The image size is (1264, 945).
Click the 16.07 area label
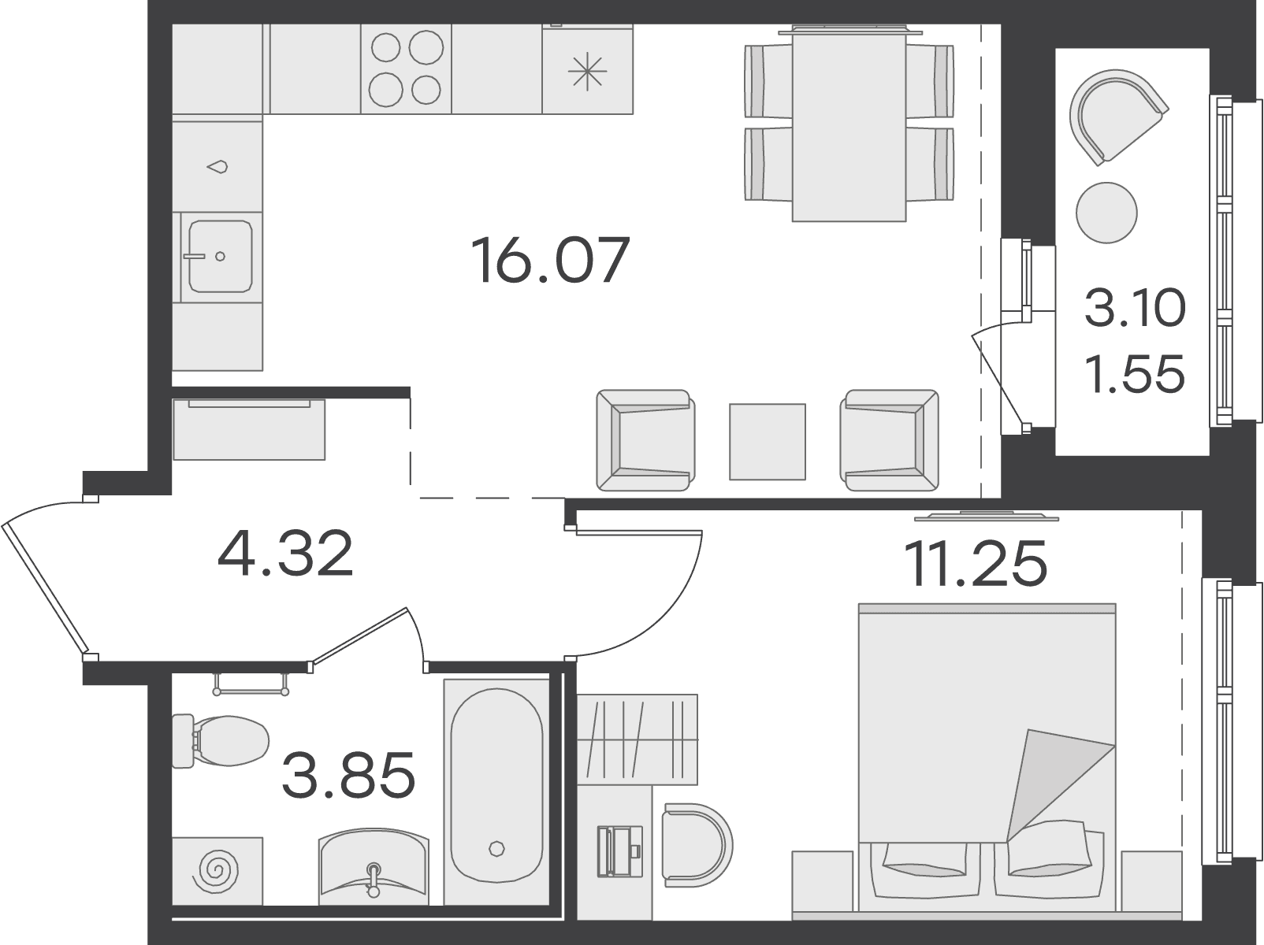(x=550, y=261)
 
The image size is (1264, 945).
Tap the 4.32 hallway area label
(x=285, y=554)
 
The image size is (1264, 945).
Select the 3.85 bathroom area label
(x=348, y=775)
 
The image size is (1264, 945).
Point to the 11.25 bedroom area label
(x=975, y=563)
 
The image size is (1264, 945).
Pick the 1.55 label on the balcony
(x=1135, y=373)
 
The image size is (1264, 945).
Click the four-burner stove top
(x=406, y=69)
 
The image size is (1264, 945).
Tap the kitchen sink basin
(x=220, y=256)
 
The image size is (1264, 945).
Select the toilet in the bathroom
(x=221, y=741)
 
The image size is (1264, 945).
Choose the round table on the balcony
(x=1107, y=213)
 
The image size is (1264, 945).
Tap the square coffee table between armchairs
(x=767, y=442)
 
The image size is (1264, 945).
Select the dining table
(x=849, y=123)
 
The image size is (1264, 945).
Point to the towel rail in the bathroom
(x=251, y=684)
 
